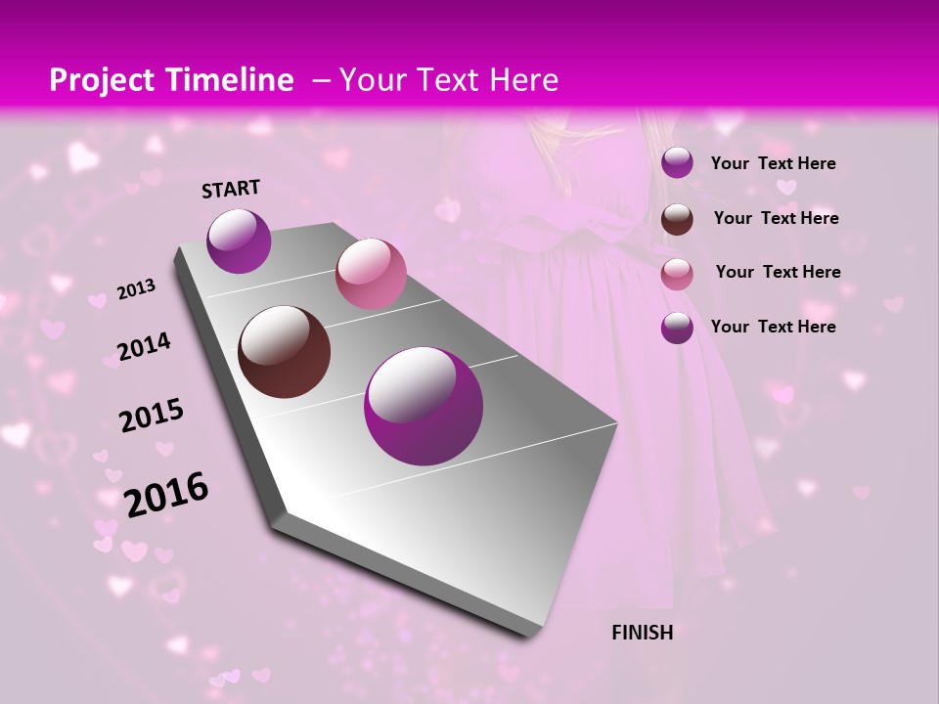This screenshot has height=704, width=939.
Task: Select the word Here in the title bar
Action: pos(523,80)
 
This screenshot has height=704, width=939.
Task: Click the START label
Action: pos(231,189)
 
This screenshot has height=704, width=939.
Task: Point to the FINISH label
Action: pos(642,633)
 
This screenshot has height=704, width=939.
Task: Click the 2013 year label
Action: pos(137,289)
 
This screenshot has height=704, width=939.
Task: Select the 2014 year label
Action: pos(144,346)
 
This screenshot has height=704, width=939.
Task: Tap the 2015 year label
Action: pos(152,417)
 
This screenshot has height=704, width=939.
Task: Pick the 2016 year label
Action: pos(166,495)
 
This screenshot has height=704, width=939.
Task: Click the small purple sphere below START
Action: pos(239,241)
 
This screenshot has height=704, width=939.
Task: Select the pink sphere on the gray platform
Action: pos(371,273)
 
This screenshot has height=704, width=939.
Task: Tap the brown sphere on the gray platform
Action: pos(284,352)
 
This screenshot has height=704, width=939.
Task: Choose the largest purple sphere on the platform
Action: pos(423,406)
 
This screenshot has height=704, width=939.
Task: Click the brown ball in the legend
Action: pos(677,219)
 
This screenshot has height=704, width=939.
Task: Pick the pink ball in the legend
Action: pos(677,274)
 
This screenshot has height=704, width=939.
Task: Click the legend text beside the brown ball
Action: pos(776,218)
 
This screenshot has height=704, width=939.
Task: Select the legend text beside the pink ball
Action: pos(778,272)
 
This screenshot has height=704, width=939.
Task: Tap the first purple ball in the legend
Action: pos(677,163)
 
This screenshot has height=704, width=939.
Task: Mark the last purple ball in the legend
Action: pos(677,328)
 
